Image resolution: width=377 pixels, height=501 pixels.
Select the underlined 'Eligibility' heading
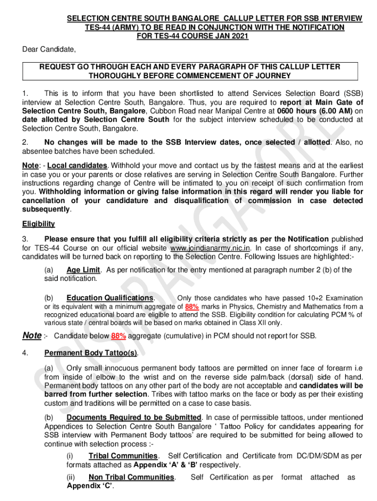(x=38, y=224)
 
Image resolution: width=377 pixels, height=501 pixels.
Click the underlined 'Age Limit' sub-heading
(x=83, y=270)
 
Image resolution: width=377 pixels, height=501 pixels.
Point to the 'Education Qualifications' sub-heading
(x=110, y=298)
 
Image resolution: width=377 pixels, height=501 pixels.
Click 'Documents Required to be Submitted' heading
(x=134, y=417)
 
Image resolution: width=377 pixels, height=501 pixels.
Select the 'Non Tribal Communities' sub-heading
(x=131, y=477)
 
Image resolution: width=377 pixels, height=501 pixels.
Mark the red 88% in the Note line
(x=118, y=336)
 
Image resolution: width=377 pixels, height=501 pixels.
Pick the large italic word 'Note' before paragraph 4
(x=32, y=335)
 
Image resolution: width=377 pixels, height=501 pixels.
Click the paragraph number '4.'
(x=26, y=353)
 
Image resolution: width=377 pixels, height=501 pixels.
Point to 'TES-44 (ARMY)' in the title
(x=109, y=27)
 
